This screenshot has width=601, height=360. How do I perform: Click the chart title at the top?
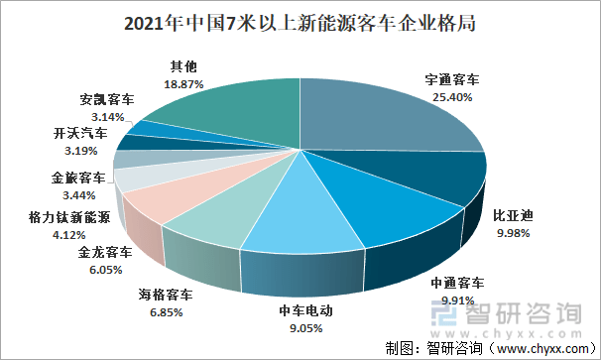[x=300, y=24]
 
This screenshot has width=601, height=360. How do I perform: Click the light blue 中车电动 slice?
[x=302, y=214]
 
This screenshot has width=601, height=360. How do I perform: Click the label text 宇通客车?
[x=452, y=79]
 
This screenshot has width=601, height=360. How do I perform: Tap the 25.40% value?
[x=452, y=97]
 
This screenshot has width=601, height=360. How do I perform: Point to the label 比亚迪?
[x=513, y=216]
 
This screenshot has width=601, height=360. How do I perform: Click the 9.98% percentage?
[x=513, y=233]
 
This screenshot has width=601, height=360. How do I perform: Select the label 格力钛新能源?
[x=69, y=217]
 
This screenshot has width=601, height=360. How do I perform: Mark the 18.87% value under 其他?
[x=183, y=84]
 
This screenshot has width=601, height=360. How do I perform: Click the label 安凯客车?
[x=107, y=100]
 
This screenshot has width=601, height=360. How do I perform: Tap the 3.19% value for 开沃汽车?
[x=80, y=151]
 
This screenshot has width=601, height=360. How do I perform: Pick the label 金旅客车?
[x=78, y=178]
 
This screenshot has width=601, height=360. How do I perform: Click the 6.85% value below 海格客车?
[x=166, y=312]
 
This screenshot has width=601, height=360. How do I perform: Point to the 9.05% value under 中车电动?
[x=305, y=328]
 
